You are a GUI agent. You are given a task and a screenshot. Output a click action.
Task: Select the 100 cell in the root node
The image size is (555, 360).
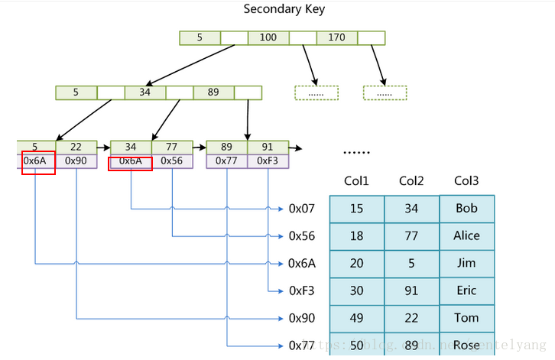268,37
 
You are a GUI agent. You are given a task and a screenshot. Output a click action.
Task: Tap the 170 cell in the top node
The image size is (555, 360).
336,37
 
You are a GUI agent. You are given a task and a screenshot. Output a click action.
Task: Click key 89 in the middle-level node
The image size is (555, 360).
213,92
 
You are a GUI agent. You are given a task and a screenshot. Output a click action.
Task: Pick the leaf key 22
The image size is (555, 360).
76,148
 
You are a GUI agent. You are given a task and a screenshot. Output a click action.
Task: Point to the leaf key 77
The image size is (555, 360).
171,148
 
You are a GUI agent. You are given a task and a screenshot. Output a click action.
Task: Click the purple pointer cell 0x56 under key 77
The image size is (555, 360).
171,161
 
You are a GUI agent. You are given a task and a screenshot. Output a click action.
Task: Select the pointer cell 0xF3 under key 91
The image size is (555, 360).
268,161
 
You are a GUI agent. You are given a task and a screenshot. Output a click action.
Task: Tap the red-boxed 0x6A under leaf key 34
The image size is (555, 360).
131,161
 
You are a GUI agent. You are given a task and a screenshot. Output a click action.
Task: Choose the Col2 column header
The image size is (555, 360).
411,181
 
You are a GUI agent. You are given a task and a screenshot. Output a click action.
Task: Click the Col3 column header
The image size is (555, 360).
466,181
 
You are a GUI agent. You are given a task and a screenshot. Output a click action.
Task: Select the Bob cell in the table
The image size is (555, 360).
466,209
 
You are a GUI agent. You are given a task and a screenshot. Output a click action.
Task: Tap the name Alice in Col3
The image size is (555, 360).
466,236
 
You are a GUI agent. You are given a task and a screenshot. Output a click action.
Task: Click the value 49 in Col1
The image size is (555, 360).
356,318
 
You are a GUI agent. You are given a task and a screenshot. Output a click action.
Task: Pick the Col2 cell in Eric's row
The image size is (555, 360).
411,290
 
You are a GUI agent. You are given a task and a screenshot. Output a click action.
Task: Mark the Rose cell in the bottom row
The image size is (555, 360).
466,345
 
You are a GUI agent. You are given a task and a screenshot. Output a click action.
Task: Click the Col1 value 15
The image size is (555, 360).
356,209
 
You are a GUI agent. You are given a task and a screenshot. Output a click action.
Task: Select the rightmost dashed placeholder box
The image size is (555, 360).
385,93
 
